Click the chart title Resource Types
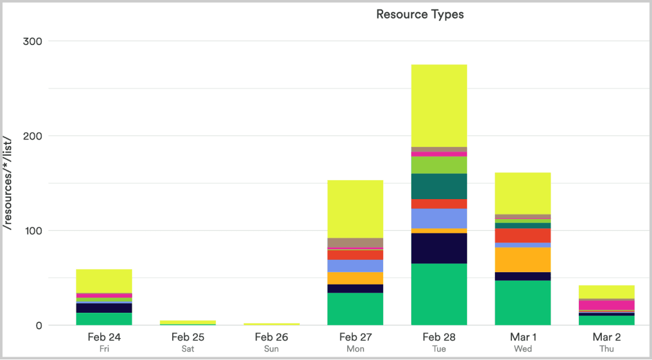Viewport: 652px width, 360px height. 420,15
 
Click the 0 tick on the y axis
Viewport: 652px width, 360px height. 39,325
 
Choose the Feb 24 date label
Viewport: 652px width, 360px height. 104,337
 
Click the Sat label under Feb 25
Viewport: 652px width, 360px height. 188,349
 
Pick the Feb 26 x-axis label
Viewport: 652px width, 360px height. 271,337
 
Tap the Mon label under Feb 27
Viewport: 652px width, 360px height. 355,349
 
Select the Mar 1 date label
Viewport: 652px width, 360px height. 523,337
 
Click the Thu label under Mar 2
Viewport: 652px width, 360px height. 606,349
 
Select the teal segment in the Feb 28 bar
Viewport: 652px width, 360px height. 439,186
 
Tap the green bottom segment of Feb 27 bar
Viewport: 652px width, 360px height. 355,309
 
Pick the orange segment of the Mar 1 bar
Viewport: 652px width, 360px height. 523,259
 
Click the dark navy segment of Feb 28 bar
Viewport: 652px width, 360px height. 439,248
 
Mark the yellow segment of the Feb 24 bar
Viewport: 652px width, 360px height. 104,281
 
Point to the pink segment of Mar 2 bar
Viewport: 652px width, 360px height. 606,305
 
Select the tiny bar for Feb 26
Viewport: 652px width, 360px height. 271,324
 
